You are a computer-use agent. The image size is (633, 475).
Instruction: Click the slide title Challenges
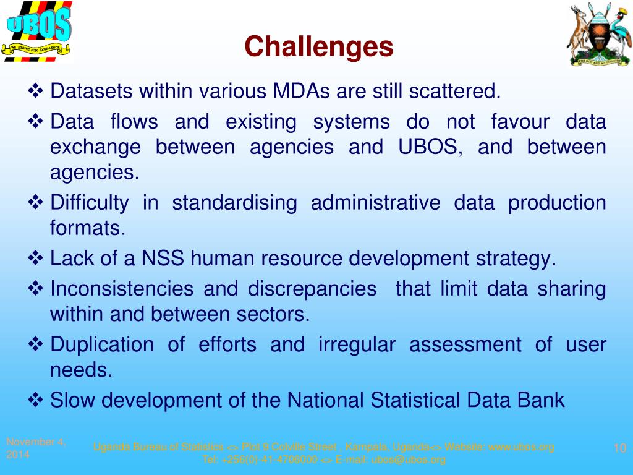318,46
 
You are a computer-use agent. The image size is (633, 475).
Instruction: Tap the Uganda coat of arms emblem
598,35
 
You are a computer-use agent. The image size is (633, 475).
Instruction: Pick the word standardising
234,203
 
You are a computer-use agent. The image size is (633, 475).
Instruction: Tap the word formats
87,229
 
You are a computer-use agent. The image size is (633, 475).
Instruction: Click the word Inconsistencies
121,289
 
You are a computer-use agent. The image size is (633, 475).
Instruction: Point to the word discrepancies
312,289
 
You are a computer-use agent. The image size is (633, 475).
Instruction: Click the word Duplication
102,344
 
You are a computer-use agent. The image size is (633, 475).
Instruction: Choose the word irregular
357,344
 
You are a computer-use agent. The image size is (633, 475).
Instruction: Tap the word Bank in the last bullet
542,400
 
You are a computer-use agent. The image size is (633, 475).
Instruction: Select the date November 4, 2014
35,448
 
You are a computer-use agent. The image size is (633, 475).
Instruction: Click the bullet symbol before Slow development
35,400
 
